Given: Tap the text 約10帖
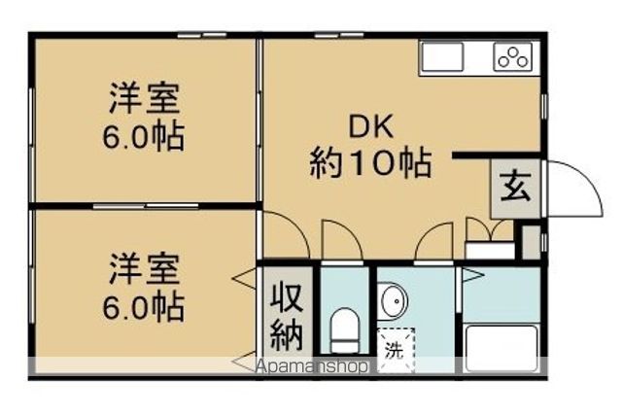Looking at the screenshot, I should tap(371, 162).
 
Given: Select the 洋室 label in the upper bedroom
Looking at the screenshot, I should tap(144, 100).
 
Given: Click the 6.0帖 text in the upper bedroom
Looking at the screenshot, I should tap(144, 135).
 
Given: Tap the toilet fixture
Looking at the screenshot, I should tap(344, 329).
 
